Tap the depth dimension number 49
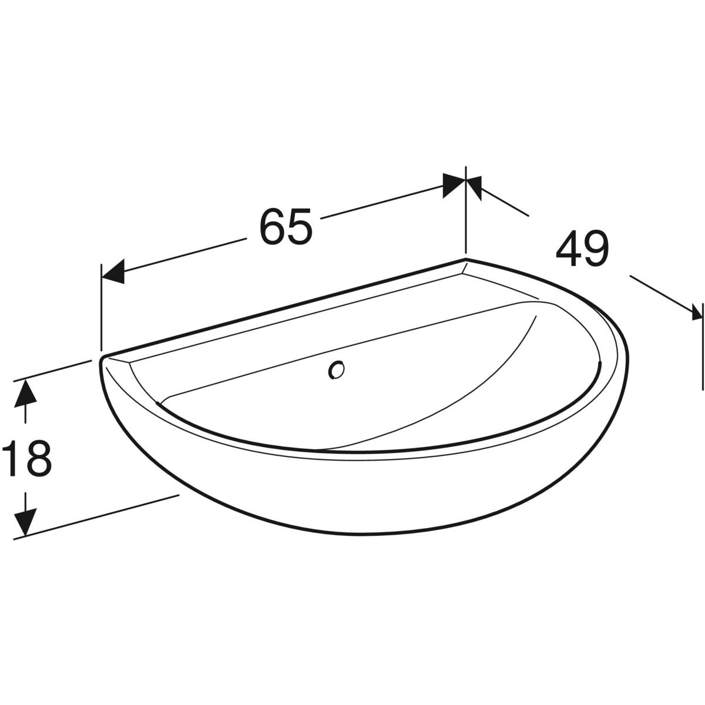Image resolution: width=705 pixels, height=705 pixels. coord(582,249)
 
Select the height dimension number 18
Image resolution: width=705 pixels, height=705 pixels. coord(26,458)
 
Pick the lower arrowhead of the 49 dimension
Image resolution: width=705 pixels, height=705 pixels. coord(697,318)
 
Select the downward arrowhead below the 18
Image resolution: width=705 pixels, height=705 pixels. coord(25,522)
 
